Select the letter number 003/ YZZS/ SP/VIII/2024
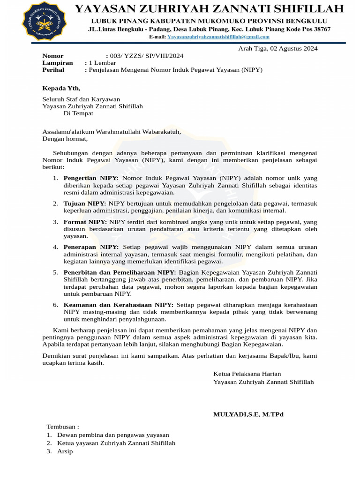tap(147, 56)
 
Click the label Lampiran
tap(58, 63)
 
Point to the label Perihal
tap(53, 70)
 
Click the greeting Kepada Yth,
tap(61, 88)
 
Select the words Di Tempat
tap(78, 113)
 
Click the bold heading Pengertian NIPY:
tap(91, 178)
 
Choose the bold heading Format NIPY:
tap(85, 222)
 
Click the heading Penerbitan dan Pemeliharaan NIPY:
tap(120, 272)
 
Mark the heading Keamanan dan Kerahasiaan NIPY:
tap(119, 305)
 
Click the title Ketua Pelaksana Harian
tap(247, 374)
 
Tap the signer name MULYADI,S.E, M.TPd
tap(248, 414)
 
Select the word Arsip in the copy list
tap(65, 451)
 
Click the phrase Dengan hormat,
tap(65, 139)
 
